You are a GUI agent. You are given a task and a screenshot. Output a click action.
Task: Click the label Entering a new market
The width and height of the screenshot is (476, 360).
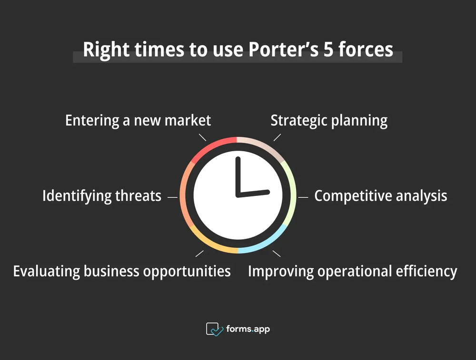(138, 120)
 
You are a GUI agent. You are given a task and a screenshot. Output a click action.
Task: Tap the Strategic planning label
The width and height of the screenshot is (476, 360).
(329, 120)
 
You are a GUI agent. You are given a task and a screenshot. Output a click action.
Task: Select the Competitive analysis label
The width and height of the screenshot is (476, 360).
(380, 196)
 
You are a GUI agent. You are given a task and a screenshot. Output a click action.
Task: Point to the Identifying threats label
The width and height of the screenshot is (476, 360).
(102, 196)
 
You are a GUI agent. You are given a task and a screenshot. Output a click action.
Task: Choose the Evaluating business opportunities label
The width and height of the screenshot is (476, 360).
(122, 271)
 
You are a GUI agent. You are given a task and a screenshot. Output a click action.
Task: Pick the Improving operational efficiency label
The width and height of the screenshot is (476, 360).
(352, 271)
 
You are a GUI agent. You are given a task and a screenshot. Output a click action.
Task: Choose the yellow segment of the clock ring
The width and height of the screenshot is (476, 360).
(214, 245)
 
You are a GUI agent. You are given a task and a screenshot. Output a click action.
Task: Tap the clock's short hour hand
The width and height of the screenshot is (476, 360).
(255, 193)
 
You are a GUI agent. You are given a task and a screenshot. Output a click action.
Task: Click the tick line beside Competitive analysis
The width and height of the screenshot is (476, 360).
(303, 196)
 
